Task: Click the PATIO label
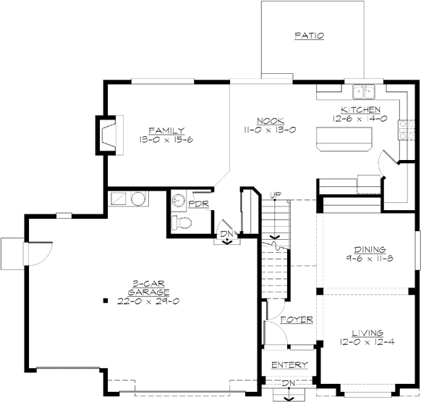tap(309, 35)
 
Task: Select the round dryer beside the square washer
tap(138, 198)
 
